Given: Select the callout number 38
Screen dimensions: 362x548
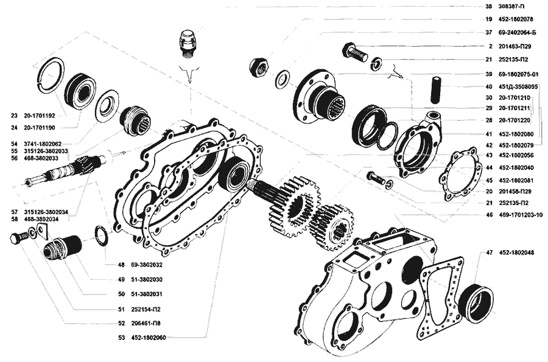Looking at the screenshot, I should coord(488,6).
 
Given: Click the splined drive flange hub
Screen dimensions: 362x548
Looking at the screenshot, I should coord(322,97).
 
